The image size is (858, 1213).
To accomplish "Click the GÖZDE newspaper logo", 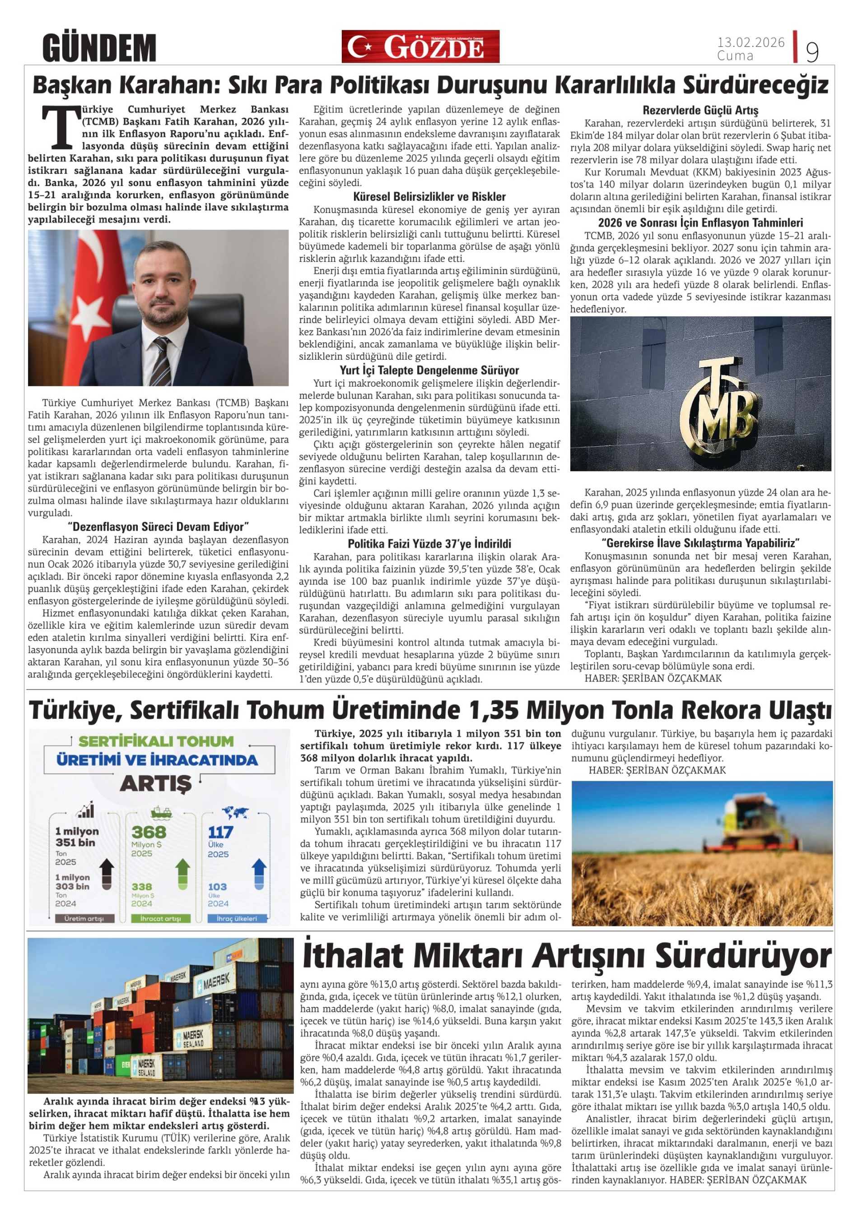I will point(420,46).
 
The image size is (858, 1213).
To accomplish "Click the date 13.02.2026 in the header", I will point(751,42).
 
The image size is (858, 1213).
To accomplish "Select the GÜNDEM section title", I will point(99,47).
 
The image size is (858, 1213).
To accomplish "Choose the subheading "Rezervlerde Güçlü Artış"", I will point(700,111).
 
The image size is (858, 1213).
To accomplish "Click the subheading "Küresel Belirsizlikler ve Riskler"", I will point(429,197).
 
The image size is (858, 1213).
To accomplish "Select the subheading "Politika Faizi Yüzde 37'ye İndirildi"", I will point(429,544).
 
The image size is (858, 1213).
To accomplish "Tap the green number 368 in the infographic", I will point(149,833).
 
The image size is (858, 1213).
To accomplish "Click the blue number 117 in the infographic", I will point(220,833).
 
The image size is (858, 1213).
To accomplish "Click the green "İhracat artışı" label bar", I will point(160,919).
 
